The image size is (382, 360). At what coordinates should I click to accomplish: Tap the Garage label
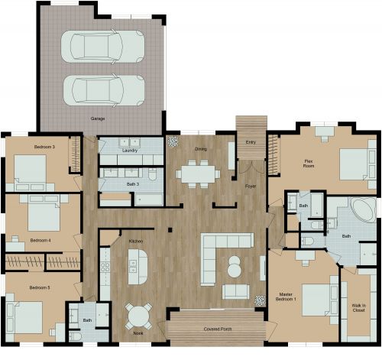pos(99,119)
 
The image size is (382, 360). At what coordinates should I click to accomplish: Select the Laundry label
pos(130,151)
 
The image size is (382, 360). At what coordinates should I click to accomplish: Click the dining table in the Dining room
pos(198,174)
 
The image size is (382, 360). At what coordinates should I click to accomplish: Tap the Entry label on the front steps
pos(251,142)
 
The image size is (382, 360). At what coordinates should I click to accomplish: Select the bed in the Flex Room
pos(353,164)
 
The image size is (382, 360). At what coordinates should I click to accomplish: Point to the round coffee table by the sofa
pos(235,268)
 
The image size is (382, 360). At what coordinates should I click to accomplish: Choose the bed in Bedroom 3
pos(31,170)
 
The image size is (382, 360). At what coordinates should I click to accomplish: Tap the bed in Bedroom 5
pos(25,315)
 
